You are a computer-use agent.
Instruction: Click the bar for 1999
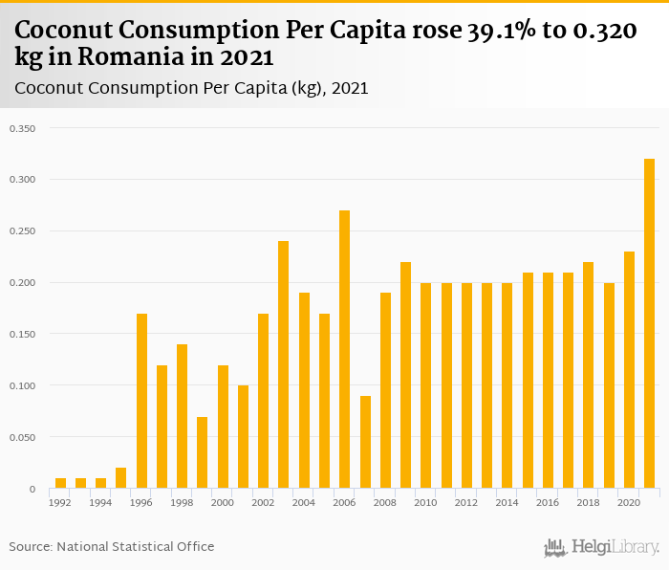(203, 453)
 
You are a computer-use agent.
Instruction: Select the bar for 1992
(60, 484)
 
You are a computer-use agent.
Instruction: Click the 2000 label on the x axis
(223, 502)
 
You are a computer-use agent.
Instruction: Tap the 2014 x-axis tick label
(507, 502)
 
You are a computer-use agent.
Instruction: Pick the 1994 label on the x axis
(101, 502)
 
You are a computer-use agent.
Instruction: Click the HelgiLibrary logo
(601, 547)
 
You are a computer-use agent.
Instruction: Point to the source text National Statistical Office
(136, 546)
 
